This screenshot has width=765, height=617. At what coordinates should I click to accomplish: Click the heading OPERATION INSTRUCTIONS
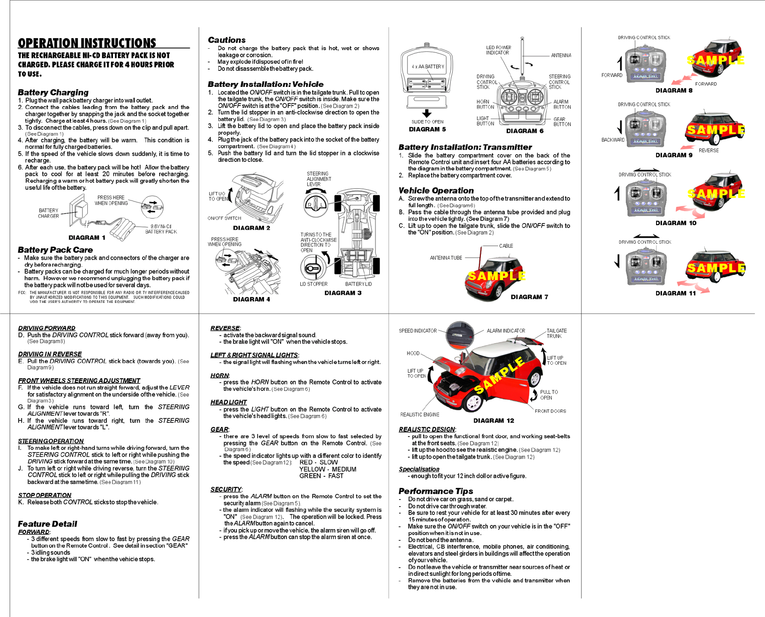(87, 43)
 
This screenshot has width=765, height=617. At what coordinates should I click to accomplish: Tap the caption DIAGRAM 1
(87, 238)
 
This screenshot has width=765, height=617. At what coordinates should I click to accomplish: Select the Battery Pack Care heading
(55, 250)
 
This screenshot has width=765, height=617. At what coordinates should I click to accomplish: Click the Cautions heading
(226, 40)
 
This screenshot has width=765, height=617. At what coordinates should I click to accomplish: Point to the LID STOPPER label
(313, 284)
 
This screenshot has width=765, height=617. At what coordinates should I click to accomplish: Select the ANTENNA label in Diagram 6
(561, 55)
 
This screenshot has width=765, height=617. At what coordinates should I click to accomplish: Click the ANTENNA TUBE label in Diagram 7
(446, 258)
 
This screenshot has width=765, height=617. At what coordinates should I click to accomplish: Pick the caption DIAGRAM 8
(674, 90)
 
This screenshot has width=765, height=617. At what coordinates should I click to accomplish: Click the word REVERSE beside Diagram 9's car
(708, 150)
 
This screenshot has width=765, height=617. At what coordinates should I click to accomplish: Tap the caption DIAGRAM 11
(675, 293)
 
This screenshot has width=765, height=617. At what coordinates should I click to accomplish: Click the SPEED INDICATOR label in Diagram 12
(418, 331)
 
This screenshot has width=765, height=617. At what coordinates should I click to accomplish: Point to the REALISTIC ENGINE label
(420, 415)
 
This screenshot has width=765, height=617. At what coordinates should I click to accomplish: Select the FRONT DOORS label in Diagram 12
(550, 411)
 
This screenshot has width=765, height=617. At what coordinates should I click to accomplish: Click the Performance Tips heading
(436, 491)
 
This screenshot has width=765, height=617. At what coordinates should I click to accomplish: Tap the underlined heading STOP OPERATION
(45, 495)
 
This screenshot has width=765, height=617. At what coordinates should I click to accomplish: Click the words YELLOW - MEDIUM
(328, 469)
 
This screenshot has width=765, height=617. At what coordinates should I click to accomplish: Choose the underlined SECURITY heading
(226, 489)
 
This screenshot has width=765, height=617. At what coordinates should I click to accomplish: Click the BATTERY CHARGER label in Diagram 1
(48, 214)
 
